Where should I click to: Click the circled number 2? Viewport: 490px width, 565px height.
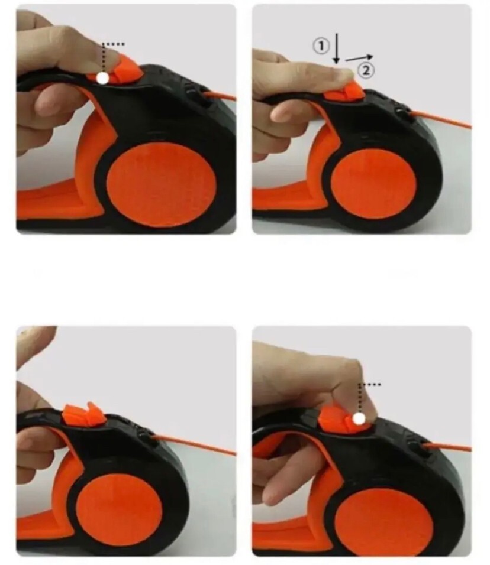pos(366,70)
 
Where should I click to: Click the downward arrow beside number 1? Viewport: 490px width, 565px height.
pos(336,48)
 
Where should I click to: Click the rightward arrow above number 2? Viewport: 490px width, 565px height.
pos(359,58)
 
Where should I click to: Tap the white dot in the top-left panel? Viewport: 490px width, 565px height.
pos(103,78)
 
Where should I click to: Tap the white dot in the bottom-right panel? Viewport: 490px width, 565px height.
pos(359,418)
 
